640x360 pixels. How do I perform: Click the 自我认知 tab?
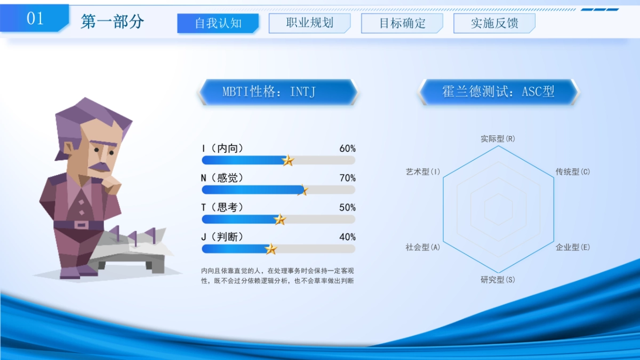click(x=218, y=23)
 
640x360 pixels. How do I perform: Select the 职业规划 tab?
click(x=309, y=23)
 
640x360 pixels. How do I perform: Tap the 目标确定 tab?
click(x=402, y=23)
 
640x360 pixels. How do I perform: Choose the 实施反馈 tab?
click(x=494, y=23)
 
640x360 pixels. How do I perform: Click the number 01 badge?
click(x=35, y=19)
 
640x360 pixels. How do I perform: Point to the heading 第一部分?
click(x=113, y=21)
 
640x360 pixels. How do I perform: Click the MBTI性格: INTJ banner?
click(x=277, y=92)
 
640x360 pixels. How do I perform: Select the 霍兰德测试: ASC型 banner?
click(x=498, y=92)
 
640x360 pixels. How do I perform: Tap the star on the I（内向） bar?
click(x=288, y=161)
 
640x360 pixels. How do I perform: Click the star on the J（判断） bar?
click(x=271, y=249)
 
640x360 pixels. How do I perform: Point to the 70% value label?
click(x=347, y=178)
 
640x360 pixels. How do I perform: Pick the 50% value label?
click(x=347, y=207)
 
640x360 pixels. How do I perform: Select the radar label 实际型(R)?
click(x=498, y=139)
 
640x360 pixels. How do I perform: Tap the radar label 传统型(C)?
click(x=573, y=172)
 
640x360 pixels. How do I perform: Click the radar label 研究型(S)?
click(x=498, y=280)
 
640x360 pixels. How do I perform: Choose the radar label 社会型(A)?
click(x=423, y=247)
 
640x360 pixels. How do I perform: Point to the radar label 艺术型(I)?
click(x=423, y=172)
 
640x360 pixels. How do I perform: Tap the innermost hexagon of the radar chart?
click(x=498, y=209)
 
